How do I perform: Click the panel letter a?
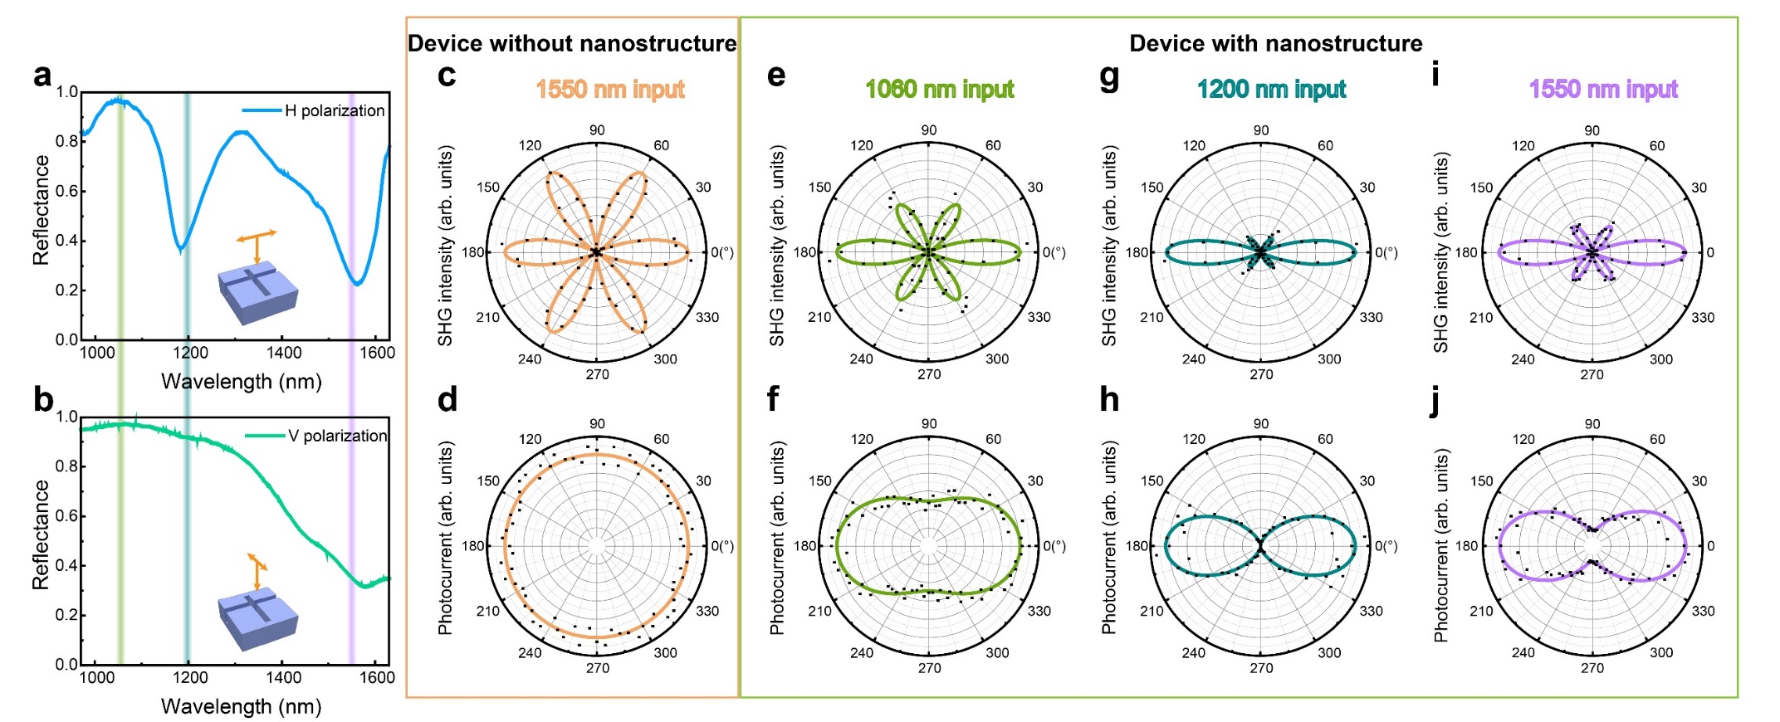coord(42,76)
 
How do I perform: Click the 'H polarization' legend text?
coord(335,110)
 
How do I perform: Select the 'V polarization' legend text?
coord(337,436)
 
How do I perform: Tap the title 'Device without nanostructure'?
coord(572,43)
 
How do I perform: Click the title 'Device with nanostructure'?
coord(1275,43)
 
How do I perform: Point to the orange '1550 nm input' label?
coord(610,89)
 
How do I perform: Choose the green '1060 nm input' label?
coord(940,89)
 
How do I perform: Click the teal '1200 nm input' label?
coord(1271,89)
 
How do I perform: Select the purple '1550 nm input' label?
coord(1603,89)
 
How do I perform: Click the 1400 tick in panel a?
coord(284,353)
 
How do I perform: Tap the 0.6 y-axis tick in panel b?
coord(66,516)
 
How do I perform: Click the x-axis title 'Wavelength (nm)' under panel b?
coord(241,706)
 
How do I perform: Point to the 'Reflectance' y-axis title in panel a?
coord(41,210)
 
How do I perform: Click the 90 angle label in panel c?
coord(597,130)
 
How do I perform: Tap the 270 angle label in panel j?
coord(1592,668)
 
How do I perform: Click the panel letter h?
coord(1109,400)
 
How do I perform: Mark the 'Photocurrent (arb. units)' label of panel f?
coord(777,538)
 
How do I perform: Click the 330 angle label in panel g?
coord(1371,317)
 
